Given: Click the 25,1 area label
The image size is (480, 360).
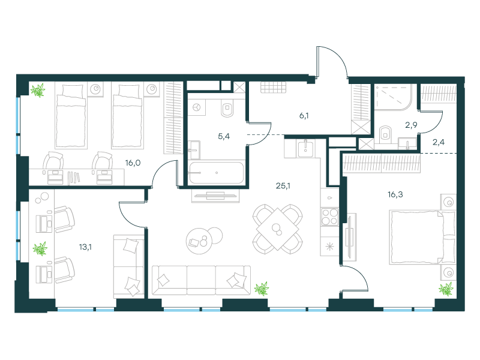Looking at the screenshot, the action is (x=283, y=186).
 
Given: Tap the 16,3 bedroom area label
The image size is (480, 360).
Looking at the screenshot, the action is (x=395, y=194).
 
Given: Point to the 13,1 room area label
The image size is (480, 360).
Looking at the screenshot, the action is (x=85, y=247).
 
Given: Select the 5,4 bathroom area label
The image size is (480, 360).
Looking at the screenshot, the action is (x=224, y=137).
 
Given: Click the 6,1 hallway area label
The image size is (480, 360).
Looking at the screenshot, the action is (x=304, y=116).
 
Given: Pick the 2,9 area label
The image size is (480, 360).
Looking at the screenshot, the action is (x=411, y=125).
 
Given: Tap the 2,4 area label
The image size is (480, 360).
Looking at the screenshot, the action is (x=439, y=142).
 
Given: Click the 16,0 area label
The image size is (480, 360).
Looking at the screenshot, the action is (x=133, y=163).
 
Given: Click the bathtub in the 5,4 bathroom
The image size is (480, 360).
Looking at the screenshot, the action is (x=217, y=173).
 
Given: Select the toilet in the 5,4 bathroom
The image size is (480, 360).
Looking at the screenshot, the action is (x=227, y=109).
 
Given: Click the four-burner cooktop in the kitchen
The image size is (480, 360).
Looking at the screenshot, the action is (x=329, y=217).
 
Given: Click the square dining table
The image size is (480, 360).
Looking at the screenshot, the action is (x=278, y=229).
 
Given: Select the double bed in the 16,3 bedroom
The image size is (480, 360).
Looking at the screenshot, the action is (x=422, y=237).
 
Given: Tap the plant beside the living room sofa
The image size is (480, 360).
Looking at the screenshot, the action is (x=262, y=289).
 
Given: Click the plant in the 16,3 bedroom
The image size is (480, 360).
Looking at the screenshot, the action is (x=446, y=289).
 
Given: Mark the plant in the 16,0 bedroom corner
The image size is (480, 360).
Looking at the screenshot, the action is (x=38, y=91).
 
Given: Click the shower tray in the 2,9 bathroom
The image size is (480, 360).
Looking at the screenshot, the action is (x=394, y=97).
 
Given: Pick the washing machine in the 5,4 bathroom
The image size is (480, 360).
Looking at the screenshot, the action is (x=197, y=107).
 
